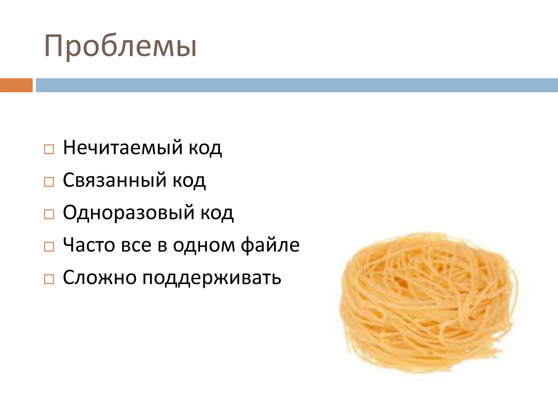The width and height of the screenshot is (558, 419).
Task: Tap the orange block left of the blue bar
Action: click(x=16, y=85)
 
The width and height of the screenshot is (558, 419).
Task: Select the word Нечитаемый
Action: click(x=123, y=148)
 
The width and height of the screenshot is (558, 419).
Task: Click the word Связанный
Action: click(x=114, y=180)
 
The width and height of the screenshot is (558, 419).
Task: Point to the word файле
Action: click(x=270, y=245)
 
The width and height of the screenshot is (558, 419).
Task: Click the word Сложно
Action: click(x=100, y=278)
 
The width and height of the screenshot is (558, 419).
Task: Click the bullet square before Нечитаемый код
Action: click(x=49, y=149)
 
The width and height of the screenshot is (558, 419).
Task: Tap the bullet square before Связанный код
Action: click(x=49, y=182)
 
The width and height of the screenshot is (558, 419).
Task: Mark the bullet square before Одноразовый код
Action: click(x=49, y=214)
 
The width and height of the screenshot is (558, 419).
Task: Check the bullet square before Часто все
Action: click(x=49, y=247)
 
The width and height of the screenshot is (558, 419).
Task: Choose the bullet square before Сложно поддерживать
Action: click(x=49, y=279)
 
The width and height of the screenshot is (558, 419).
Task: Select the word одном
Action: click(x=204, y=245)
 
